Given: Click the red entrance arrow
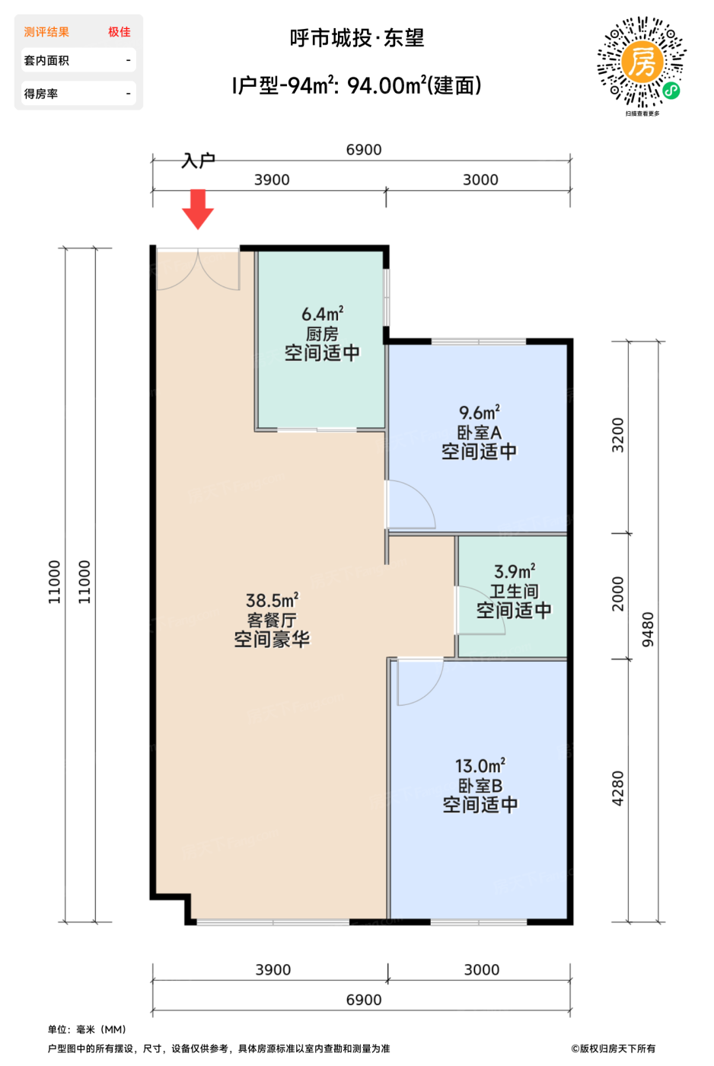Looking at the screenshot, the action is tap(198, 209).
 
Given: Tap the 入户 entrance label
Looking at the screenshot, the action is tap(198, 161).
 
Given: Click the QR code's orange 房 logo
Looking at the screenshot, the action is tap(642, 62).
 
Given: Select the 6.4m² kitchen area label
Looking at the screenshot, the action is tap(323, 314).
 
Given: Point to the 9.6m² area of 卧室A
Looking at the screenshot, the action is tap(479, 413).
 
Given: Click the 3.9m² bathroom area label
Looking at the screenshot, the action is tap(515, 571).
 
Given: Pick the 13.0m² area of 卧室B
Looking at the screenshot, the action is tap(480, 766).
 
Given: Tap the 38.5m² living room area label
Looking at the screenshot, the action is tap(272, 600).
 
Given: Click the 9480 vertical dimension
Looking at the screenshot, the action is tap(648, 630).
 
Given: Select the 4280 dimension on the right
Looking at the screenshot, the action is tap(617, 789).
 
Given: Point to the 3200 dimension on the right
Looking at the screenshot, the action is tap(617, 435).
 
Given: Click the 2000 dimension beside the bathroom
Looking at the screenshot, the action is tap(617, 594).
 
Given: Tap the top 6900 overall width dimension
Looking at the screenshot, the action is tap(364, 150).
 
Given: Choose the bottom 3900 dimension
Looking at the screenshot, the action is tap(273, 970).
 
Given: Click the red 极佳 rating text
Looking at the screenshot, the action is tap(119, 32).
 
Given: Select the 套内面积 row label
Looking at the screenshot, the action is tap(46, 60).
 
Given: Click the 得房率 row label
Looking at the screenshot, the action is tap(41, 94).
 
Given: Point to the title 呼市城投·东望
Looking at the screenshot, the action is tap(357, 38).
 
